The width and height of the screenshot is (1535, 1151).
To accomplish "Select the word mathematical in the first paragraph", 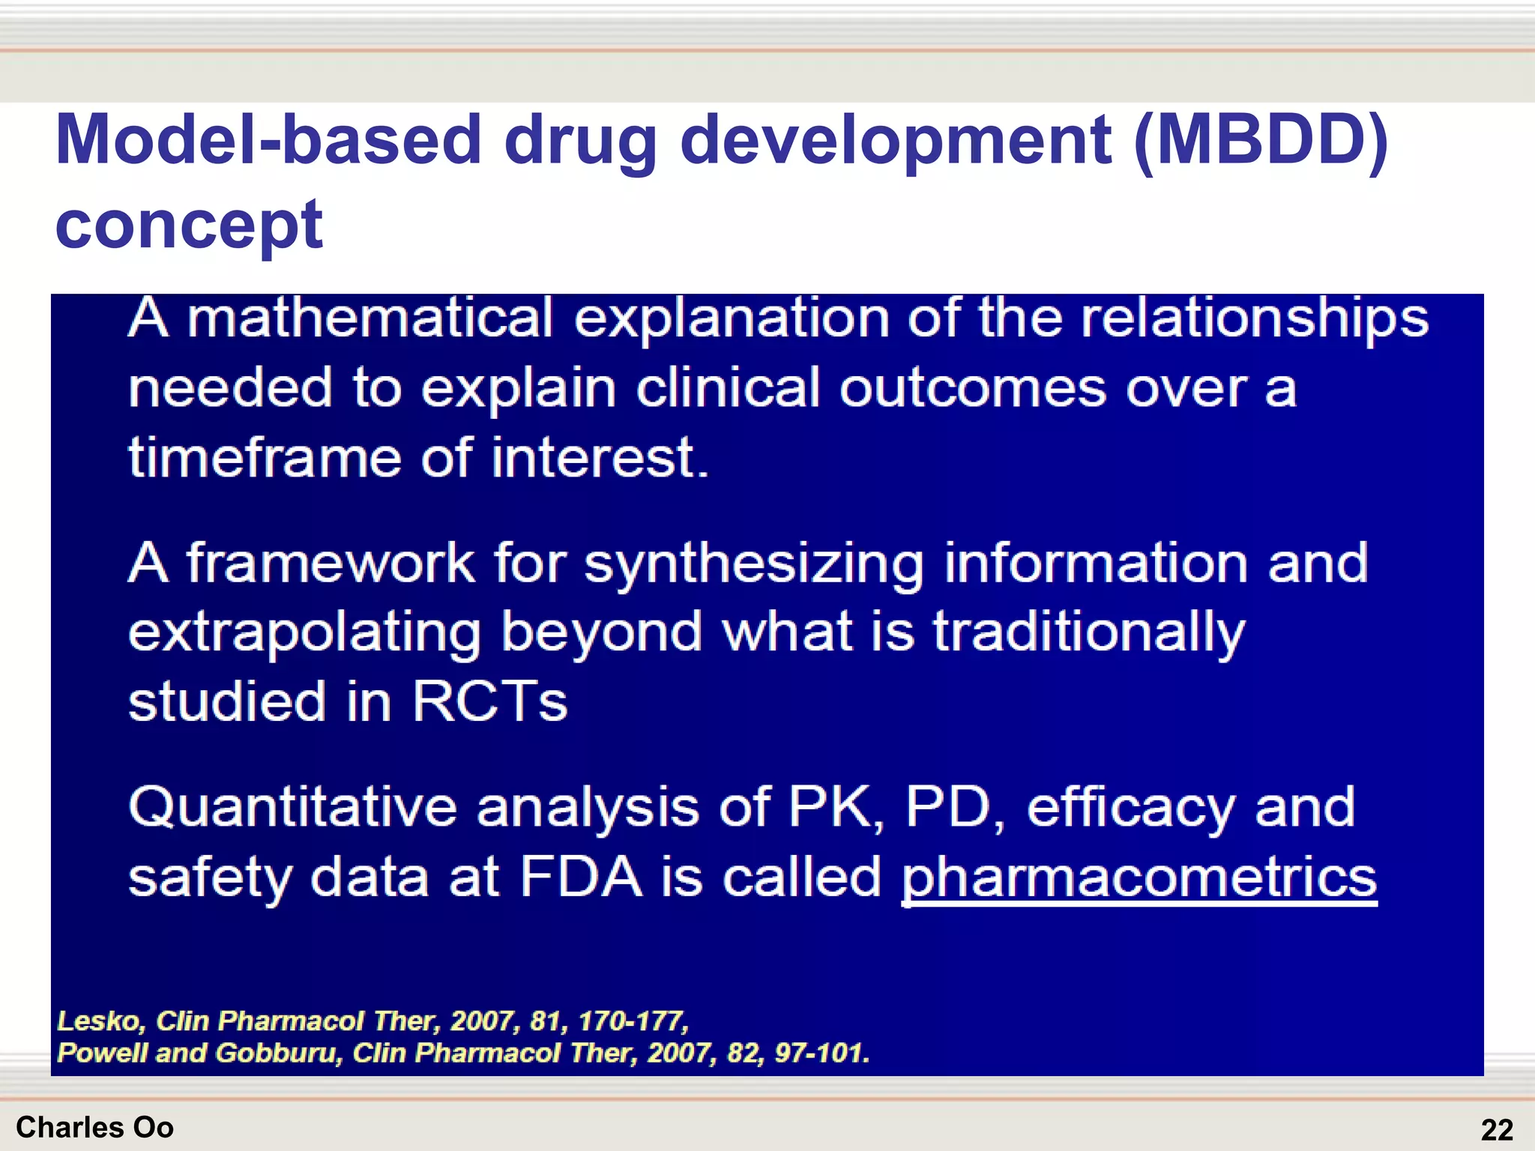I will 370,318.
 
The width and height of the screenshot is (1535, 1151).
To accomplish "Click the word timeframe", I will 265,458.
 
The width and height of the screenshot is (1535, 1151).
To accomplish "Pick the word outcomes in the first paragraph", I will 972,389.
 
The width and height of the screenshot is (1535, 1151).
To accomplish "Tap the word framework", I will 330,563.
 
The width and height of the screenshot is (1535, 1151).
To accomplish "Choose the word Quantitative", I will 292,808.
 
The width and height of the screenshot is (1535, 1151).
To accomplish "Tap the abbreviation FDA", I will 581,877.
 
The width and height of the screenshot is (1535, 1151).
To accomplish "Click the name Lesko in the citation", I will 99,1021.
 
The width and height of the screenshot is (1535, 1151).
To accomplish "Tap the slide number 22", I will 1497,1129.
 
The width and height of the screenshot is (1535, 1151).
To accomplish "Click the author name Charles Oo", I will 94,1127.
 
